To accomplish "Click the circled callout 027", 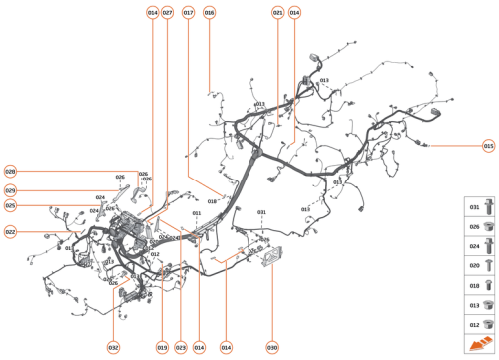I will (167, 13).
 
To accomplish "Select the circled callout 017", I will (188, 13).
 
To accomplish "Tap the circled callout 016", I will (209, 13).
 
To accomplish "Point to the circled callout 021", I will (277, 13).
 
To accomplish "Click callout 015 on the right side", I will (489, 146).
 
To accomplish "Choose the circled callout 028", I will (10, 172).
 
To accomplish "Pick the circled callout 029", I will (10, 189).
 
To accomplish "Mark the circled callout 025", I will (10, 206).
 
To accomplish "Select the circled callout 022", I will (10, 232).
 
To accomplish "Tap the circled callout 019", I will (161, 347).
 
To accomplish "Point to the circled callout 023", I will (181, 347).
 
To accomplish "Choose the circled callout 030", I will (271, 347).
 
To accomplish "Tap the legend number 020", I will (474, 266).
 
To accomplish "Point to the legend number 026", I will (474, 227).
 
